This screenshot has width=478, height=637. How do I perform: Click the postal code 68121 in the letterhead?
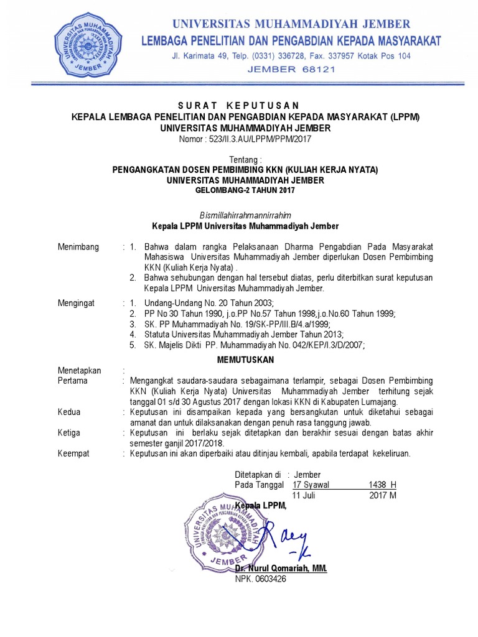(x=318, y=69)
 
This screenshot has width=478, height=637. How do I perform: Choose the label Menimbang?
(x=78, y=247)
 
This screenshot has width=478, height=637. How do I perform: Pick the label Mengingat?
(x=77, y=303)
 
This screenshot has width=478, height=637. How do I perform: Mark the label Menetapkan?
(x=79, y=370)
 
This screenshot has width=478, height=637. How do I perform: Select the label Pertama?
(x=73, y=380)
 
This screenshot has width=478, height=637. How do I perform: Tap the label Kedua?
(x=70, y=412)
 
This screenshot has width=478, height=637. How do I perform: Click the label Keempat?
(x=73, y=453)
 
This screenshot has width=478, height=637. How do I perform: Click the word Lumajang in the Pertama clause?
(x=380, y=401)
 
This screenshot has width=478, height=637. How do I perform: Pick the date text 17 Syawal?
(x=311, y=485)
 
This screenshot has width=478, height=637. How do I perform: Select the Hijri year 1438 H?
(x=382, y=485)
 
